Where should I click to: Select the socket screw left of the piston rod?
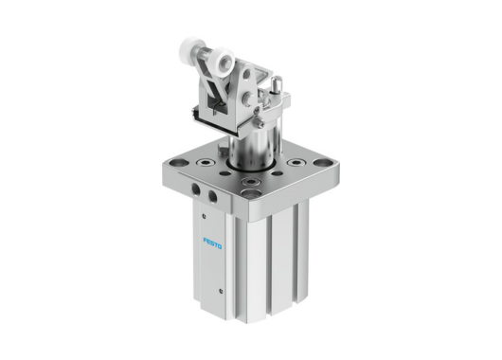click(x=205, y=162)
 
